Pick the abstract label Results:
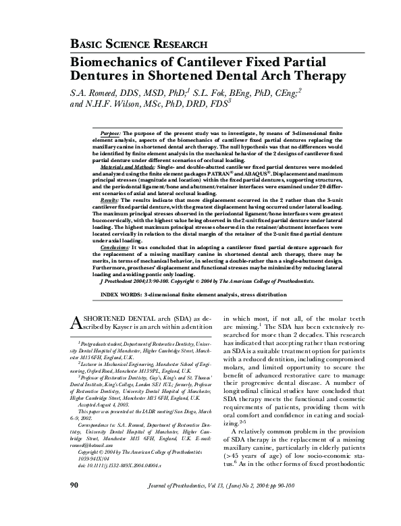click(x=109, y=201)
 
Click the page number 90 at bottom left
click(x=76, y=504)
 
